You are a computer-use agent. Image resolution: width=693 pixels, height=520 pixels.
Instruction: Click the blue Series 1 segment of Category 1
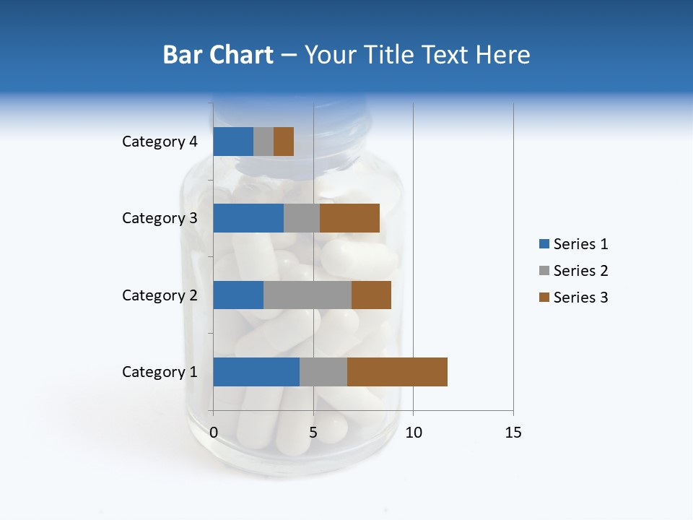[x=256, y=372]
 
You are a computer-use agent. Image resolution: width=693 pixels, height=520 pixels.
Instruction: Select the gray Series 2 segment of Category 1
[x=323, y=372]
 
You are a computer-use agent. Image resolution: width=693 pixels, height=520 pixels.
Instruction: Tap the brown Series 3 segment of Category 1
[x=397, y=372]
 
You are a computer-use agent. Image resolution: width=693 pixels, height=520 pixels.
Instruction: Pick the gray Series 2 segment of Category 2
[x=308, y=295]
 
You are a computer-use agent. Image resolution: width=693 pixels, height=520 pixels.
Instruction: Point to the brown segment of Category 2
[x=371, y=295]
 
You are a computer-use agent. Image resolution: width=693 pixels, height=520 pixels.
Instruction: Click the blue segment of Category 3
[x=248, y=218]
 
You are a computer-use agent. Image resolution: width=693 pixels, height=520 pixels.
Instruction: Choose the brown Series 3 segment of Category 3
[x=349, y=218]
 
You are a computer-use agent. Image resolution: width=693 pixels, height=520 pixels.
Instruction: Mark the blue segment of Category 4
[x=233, y=142]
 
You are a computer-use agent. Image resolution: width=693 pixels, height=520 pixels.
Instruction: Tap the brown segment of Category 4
[x=284, y=142]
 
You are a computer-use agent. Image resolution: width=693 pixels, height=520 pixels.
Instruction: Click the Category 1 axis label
[x=160, y=372]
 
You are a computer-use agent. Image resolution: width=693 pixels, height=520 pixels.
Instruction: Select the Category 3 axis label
[x=160, y=218]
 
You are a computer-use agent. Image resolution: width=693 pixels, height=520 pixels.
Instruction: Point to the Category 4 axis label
[x=160, y=142]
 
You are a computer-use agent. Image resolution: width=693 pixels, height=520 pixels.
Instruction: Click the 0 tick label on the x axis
[x=214, y=433]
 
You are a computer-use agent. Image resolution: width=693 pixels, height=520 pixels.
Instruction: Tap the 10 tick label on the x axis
[x=413, y=433]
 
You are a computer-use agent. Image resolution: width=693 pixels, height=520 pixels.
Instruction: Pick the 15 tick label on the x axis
[x=513, y=433]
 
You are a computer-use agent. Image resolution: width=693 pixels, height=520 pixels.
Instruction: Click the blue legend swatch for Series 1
[x=544, y=244]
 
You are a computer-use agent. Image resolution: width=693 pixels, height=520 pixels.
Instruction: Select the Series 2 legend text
[x=580, y=271]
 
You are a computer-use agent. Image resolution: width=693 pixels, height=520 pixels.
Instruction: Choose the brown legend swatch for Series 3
[x=544, y=298]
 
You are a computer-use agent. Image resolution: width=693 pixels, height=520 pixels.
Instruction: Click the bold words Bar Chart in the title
[x=218, y=55]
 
